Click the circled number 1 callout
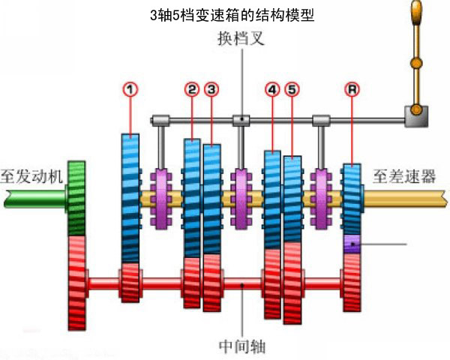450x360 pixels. click(130, 89)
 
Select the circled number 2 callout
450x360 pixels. click(192, 89)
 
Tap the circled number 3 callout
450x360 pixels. click(211, 89)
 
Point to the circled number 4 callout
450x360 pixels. click(272, 89)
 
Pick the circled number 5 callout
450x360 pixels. click(292, 89)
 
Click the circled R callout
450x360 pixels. click(352, 89)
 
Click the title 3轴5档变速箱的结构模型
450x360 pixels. click(232, 15)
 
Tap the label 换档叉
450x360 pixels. click(241, 38)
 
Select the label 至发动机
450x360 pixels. click(31, 176)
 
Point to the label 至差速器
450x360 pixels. click(404, 176)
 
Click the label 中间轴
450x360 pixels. click(242, 346)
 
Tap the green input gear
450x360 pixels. click(76, 198)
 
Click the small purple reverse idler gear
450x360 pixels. click(352, 244)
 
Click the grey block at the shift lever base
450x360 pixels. click(416, 116)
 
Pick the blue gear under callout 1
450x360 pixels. click(130, 198)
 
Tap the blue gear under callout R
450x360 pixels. click(352, 199)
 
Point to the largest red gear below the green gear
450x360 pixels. click(77, 283)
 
